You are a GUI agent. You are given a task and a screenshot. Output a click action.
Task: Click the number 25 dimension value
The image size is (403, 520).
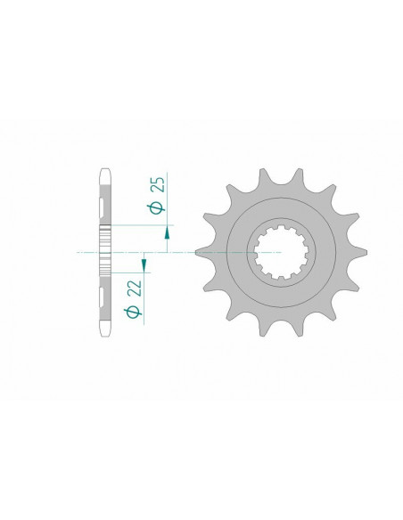point(156,185)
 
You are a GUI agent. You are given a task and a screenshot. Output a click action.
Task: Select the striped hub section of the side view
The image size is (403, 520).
point(105,253)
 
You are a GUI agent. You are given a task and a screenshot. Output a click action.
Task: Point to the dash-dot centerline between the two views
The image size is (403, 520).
point(178,253)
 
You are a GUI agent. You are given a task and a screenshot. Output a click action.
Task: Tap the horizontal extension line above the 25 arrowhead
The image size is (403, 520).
point(143,226)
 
